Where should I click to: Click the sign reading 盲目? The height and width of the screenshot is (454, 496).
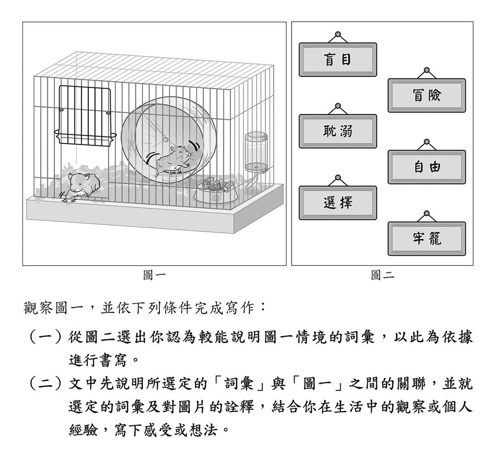click(x=338, y=59)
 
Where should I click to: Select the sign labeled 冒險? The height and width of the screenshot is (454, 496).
click(x=427, y=95)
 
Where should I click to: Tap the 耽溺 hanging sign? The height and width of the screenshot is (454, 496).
click(x=338, y=131)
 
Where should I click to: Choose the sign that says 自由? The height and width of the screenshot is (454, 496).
click(x=427, y=167)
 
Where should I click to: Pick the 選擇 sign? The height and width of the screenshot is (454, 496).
click(x=338, y=203)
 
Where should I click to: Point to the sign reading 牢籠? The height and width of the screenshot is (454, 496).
click(x=427, y=239)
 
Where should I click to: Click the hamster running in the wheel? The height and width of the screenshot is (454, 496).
click(x=173, y=161)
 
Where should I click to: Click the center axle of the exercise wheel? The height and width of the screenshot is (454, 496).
click(x=165, y=140)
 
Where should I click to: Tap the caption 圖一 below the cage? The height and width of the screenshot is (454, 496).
click(x=154, y=275)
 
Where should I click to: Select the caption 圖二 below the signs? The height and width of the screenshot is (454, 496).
click(x=383, y=275)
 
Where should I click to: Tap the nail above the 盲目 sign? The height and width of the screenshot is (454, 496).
click(x=338, y=34)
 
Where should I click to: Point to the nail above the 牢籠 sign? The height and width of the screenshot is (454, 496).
click(x=427, y=213)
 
